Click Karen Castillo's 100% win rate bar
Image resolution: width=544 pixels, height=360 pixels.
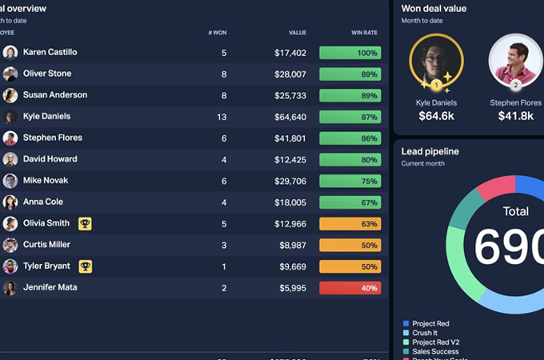350,53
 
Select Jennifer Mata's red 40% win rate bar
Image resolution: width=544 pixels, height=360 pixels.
350,288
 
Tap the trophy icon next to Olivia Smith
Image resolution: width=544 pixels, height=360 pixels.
85,223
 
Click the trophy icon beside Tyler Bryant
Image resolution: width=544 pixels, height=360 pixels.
85,266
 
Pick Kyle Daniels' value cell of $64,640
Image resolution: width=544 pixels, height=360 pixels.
290,117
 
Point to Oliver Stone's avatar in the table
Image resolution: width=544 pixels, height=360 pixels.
10,74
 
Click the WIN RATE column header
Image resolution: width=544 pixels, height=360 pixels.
364,33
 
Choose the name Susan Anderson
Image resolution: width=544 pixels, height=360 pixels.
55,95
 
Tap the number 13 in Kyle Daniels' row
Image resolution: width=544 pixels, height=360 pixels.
222,117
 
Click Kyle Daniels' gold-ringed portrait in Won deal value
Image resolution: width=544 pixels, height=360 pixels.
436,62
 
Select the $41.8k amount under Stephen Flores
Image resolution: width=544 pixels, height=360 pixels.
515,116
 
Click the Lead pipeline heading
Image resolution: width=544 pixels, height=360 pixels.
430,151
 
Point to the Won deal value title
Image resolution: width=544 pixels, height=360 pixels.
434,9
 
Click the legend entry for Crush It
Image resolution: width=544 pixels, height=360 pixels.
425,333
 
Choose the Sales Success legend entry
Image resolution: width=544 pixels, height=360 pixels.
435,351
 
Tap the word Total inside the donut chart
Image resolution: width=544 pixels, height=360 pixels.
516,212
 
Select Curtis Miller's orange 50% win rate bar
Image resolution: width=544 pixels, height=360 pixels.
350,245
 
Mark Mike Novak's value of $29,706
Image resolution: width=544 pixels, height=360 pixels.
290,181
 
